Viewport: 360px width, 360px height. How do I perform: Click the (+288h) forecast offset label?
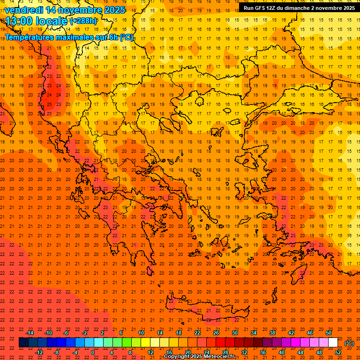[x=83, y=21]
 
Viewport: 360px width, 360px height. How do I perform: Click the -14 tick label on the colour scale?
[x=30, y=333]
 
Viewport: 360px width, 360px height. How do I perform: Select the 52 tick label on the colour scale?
[x=338, y=352]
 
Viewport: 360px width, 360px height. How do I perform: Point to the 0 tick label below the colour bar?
[x=93, y=352]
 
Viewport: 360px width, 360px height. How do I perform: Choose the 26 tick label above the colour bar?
[x=216, y=333]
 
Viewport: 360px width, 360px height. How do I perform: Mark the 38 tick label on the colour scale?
[x=272, y=333]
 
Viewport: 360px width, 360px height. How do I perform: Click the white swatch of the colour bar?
[x=333, y=343]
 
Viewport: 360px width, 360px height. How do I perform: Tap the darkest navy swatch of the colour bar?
[x=23, y=343]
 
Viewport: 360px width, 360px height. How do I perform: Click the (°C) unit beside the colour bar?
[x=349, y=343]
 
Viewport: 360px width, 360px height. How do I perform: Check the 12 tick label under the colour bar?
[x=150, y=352]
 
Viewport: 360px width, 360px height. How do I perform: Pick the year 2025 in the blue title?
[x=114, y=10]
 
